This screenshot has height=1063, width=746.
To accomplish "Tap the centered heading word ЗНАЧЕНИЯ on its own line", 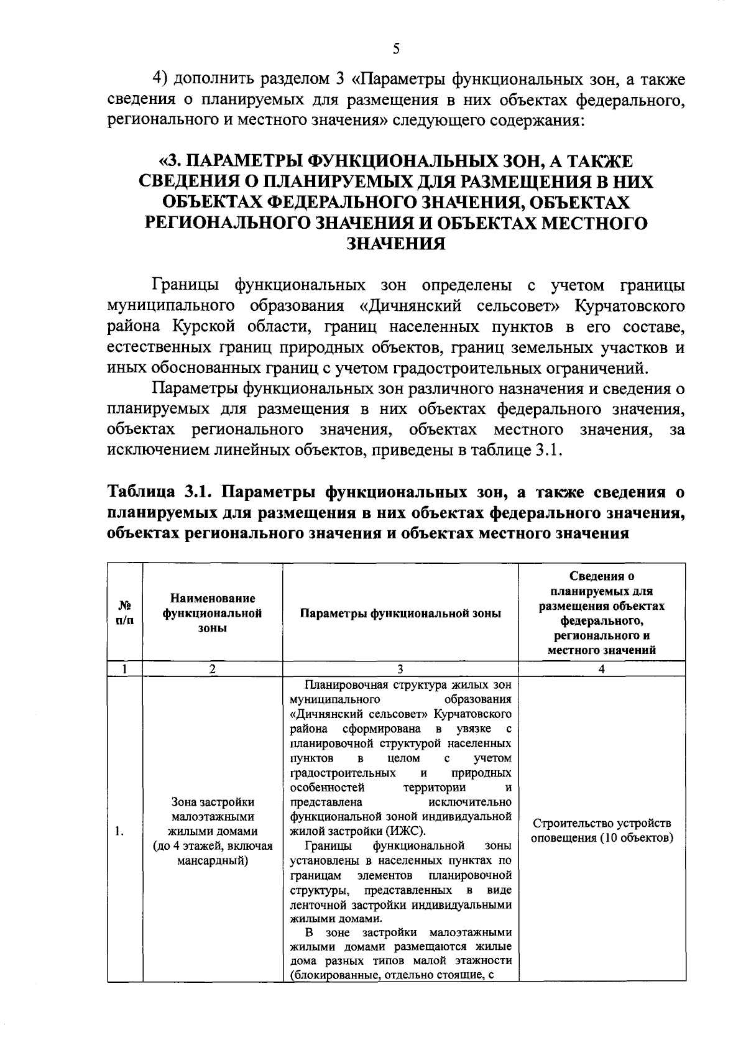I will click(395, 244).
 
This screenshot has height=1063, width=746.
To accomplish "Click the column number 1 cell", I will click(125, 669).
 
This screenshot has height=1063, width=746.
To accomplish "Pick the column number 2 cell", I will click(212, 669).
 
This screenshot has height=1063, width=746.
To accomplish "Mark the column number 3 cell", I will click(400, 669).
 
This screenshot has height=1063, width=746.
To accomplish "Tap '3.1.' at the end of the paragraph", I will click(548, 450).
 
